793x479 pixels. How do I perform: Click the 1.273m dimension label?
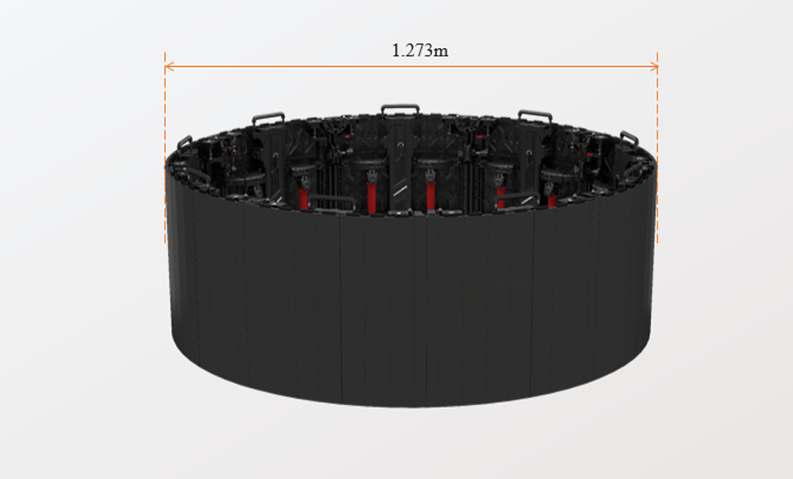pyautogui.click(x=420, y=50)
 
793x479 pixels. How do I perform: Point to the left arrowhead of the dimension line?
pyautogui.click(x=169, y=66)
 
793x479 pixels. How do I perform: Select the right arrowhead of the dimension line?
pyautogui.click(x=653, y=66)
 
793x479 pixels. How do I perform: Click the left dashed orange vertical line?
pyautogui.click(x=165, y=148)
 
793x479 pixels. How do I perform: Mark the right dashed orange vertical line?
pyautogui.click(x=658, y=148)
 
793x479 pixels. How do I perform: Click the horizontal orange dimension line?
pyautogui.click(x=411, y=66)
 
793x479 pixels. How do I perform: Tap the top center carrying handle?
pyautogui.click(x=400, y=110)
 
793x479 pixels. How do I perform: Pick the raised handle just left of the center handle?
pyautogui.click(x=268, y=118)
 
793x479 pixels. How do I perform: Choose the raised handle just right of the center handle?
pyautogui.click(x=535, y=116)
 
